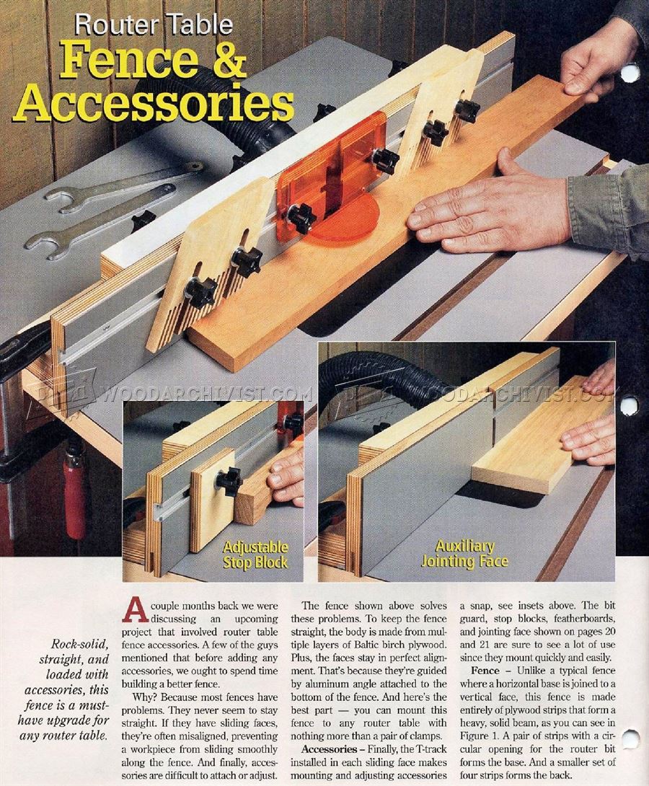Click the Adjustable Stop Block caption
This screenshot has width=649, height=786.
tap(255, 555)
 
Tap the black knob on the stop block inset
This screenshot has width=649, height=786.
tap(229, 481)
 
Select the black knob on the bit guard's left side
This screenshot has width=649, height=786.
tap(301, 217)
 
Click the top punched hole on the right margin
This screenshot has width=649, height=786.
tap(630, 72)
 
